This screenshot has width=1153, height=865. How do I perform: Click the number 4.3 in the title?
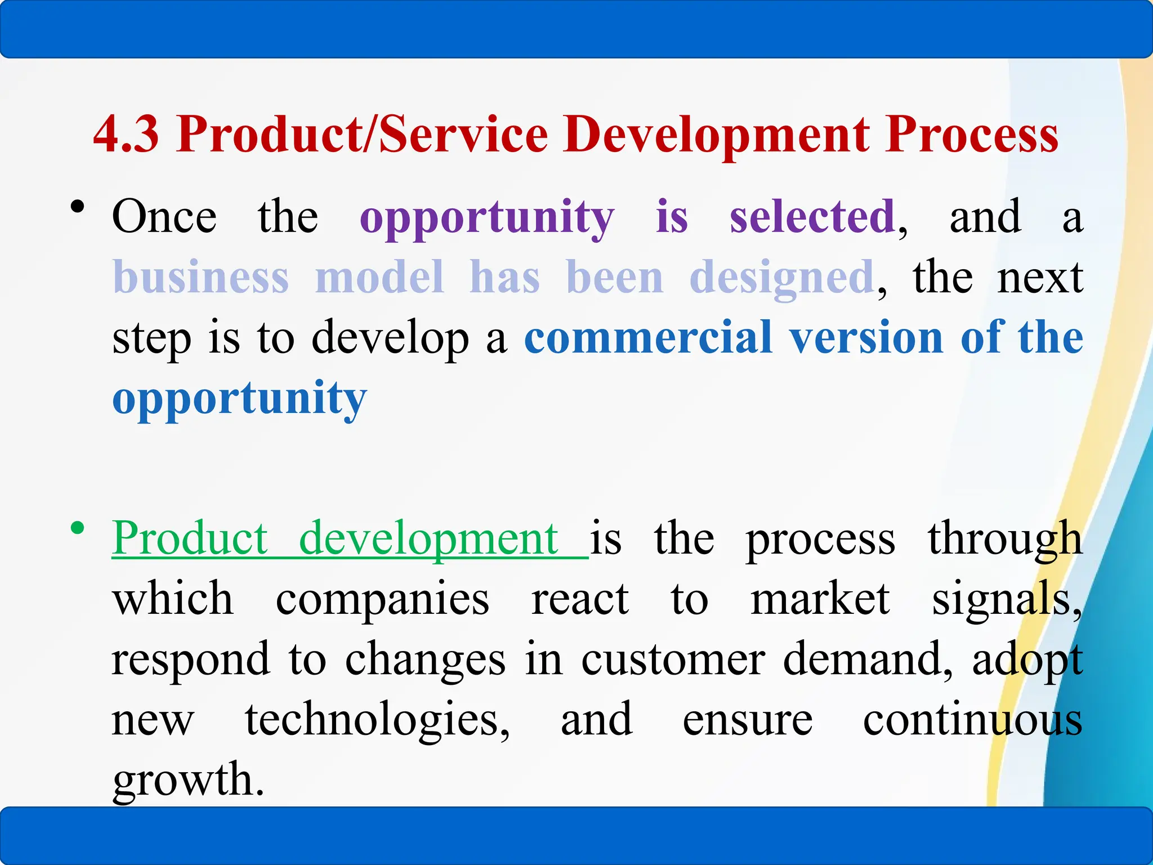(x=126, y=135)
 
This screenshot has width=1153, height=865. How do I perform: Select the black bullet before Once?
(x=78, y=207)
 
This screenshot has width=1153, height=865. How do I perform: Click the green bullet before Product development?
(x=78, y=528)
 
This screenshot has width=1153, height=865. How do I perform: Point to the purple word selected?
(x=812, y=217)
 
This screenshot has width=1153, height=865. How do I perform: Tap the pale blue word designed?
(x=781, y=279)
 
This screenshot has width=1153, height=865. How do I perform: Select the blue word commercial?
(x=648, y=338)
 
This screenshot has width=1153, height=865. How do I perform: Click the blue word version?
(x=866, y=338)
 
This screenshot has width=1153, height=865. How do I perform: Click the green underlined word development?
(x=428, y=539)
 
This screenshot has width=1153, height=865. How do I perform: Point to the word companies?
(x=382, y=600)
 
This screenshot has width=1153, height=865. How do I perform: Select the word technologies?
(x=377, y=721)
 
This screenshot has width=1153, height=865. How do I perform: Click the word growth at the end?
(x=187, y=781)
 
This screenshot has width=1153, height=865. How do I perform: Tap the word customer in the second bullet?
(x=673, y=659)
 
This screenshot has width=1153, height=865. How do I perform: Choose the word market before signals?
(x=820, y=599)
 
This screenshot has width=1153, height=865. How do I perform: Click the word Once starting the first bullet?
(x=164, y=217)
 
